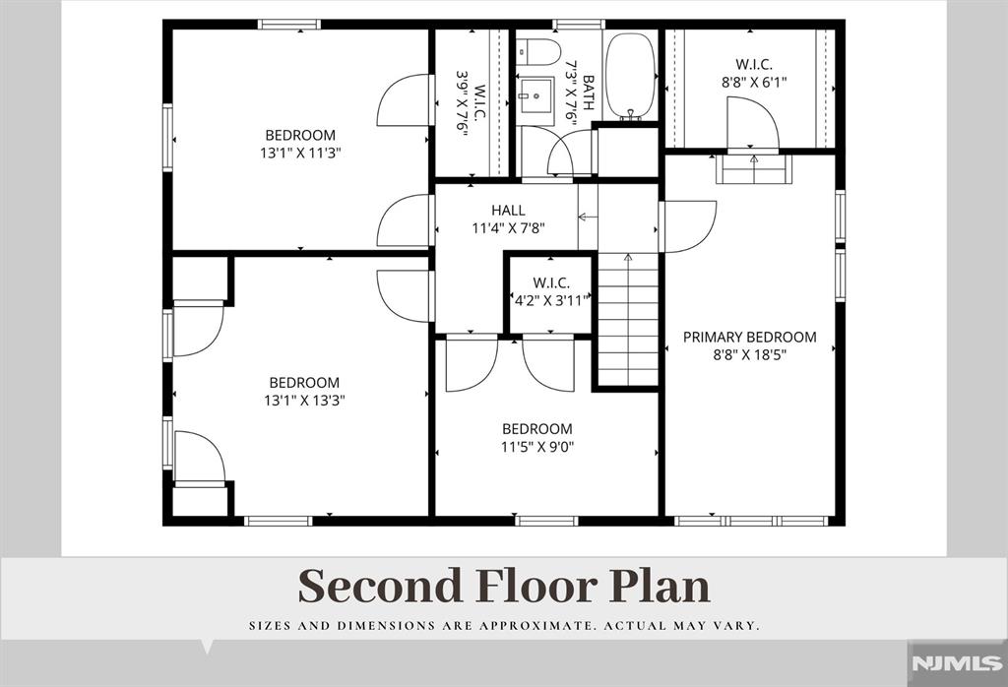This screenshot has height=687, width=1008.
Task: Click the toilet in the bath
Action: [x=538, y=51]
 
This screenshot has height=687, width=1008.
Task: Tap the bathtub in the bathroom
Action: [x=631, y=76]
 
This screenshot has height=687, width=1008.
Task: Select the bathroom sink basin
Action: [x=535, y=94]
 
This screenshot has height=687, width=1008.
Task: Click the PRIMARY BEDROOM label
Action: [x=749, y=337]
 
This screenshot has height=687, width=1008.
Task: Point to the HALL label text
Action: [x=508, y=211]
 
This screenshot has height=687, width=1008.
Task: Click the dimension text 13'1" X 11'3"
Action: [x=300, y=153]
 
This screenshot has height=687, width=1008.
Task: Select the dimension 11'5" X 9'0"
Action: [x=537, y=447]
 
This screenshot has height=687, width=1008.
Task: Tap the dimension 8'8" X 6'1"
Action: [x=754, y=83]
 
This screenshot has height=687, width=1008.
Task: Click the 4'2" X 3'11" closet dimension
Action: [x=551, y=301]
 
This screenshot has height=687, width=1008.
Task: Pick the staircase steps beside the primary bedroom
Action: [x=628, y=320]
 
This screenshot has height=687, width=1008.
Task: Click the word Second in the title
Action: [x=381, y=586]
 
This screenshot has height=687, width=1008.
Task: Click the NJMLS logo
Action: [x=957, y=663]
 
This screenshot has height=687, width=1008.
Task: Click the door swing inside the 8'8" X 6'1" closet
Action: [x=752, y=123]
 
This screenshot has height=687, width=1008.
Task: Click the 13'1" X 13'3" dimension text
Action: [x=305, y=401]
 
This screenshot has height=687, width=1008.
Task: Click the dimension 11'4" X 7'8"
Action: [x=509, y=227]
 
